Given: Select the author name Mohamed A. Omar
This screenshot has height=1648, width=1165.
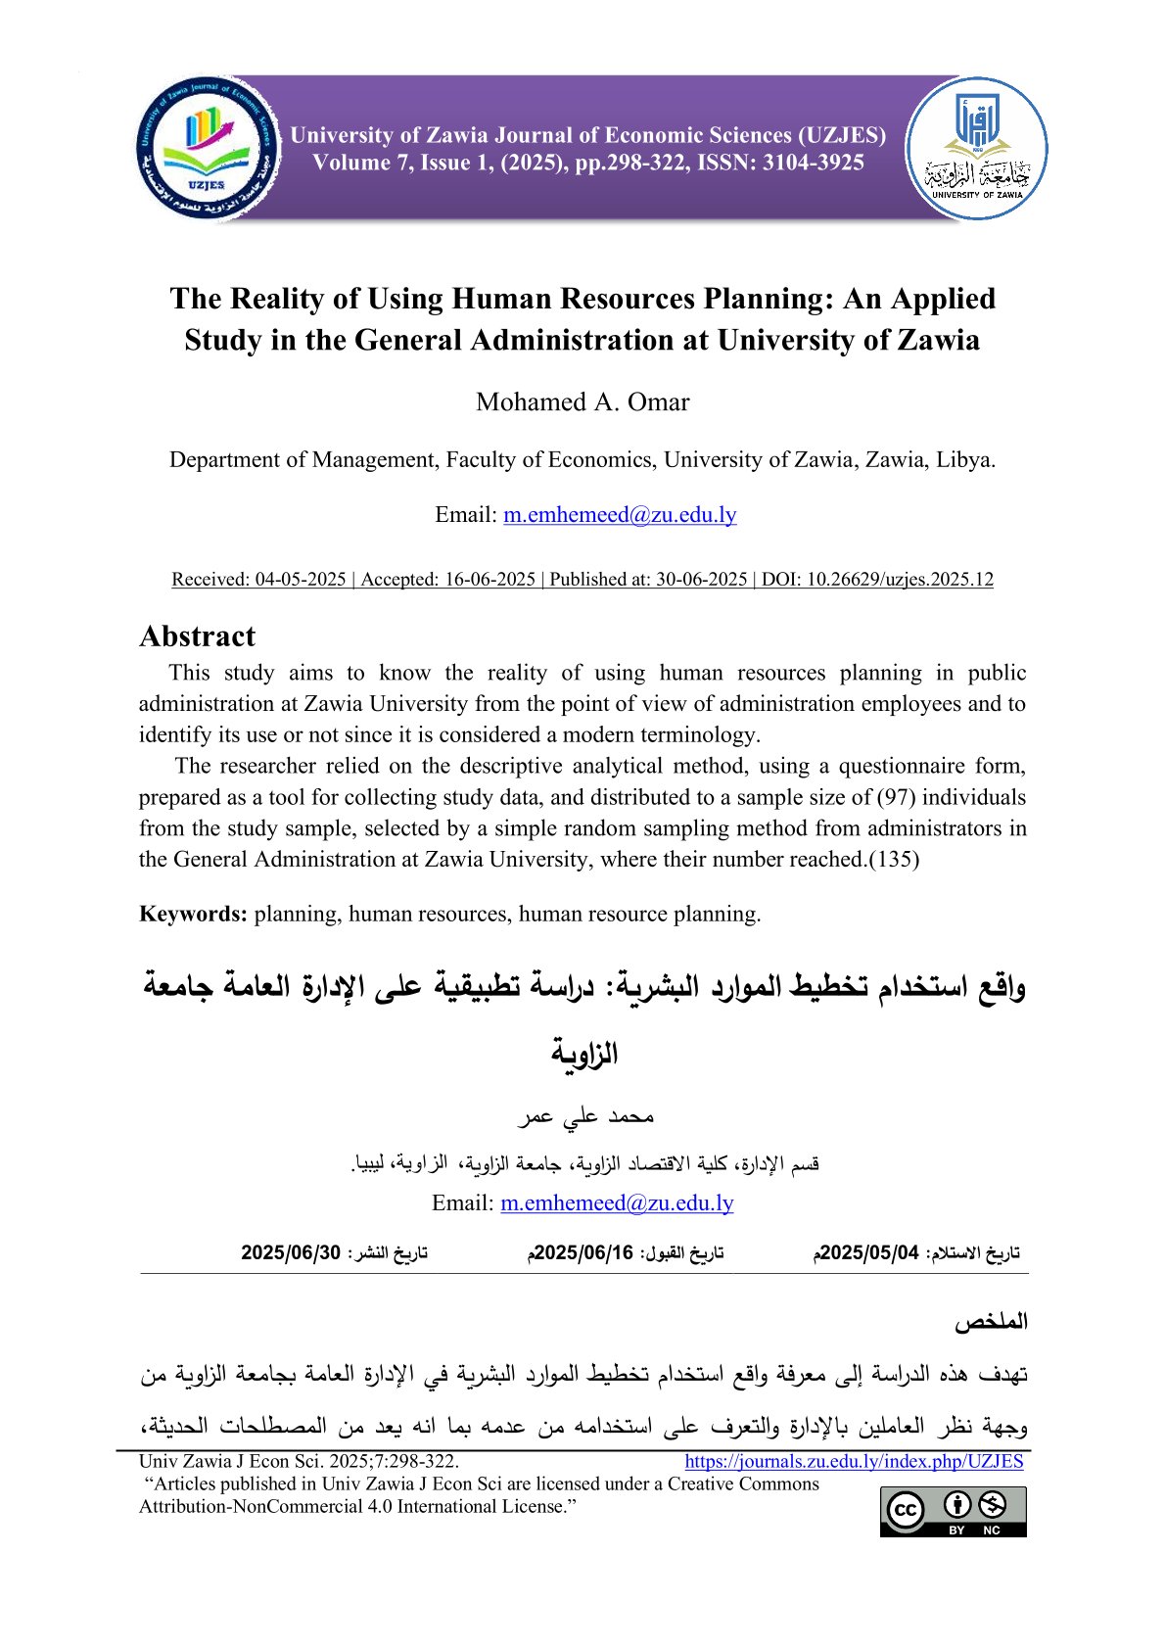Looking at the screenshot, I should click(582, 402).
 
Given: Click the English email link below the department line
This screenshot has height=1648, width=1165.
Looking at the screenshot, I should click(620, 515).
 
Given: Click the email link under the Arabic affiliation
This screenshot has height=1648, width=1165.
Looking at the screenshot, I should click(617, 1203).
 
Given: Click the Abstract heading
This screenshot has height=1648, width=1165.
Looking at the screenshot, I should click(198, 636).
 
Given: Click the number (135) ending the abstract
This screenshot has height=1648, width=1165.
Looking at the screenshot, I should click(895, 860).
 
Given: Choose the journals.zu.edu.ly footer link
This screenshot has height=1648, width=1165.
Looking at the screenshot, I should click(854, 1462).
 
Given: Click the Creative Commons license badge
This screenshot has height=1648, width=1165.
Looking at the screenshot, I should click(953, 1511).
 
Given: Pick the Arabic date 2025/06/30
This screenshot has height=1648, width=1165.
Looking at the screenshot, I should click(291, 1253).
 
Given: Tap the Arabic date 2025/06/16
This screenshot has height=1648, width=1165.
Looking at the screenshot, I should click(582, 1253).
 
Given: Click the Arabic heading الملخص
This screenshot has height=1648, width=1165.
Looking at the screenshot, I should click(992, 1322).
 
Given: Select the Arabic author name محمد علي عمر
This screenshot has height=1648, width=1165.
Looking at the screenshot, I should click(584, 1116).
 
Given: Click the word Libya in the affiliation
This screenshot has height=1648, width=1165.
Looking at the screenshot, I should click(965, 460).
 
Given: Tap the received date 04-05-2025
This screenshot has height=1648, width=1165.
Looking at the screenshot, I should click(301, 580).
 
